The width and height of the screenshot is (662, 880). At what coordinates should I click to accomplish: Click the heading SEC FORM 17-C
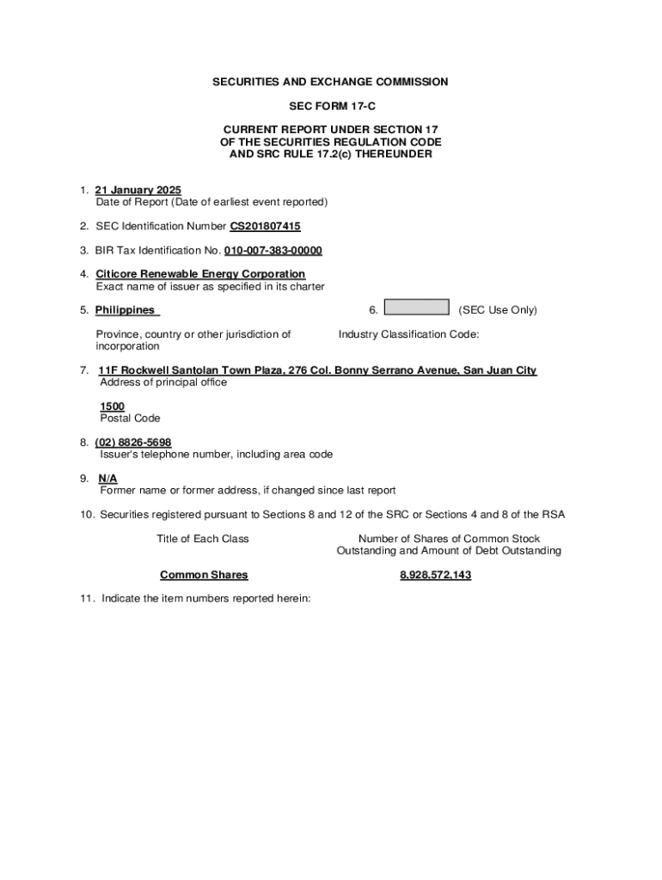coord(331,106)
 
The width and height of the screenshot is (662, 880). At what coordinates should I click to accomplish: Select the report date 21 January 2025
coord(138,190)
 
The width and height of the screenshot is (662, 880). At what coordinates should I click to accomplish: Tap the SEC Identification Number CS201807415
coord(265,226)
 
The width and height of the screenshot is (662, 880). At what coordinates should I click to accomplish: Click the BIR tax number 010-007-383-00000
coord(273,250)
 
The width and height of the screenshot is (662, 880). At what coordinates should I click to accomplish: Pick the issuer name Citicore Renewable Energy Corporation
coord(200,274)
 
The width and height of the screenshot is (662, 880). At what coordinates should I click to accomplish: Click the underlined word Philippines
coord(126,310)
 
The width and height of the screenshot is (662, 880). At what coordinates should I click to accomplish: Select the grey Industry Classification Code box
coord(416,308)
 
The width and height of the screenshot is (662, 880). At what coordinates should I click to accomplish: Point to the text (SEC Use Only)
coord(498,310)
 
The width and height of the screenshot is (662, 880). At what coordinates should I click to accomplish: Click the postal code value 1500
coord(112,406)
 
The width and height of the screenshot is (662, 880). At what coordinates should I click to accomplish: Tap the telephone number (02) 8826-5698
coord(133,443)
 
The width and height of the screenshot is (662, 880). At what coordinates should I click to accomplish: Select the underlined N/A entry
coord(108,479)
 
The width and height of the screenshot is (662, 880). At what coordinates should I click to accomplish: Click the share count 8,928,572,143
coord(435,575)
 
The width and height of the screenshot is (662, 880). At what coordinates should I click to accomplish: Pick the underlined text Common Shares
coord(204,575)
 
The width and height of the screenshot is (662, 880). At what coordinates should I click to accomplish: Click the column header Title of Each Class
coord(203,539)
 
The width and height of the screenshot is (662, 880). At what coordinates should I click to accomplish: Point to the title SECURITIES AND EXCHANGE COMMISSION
coord(331,82)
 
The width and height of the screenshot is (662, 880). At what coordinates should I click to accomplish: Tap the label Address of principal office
coord(163,382)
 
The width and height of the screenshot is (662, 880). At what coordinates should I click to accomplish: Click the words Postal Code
coord(130,419)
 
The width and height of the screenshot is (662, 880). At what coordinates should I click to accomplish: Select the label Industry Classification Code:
coord(408,334)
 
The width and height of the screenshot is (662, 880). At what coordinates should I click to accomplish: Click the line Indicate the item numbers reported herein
coord(205,599)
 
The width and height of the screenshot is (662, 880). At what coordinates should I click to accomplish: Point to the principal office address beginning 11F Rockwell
coord(317,370)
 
